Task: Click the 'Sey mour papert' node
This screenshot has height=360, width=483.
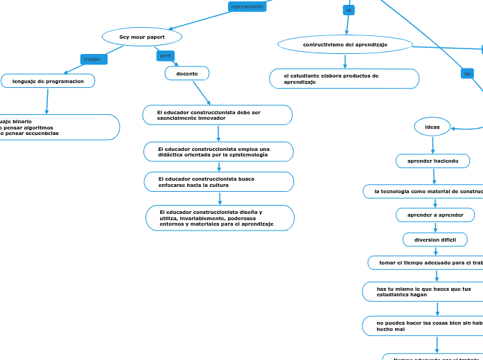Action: [x=142, y=37]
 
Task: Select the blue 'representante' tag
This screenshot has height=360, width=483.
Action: [x=247, y=6]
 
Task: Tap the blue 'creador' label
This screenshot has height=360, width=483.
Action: [x=93, y=60]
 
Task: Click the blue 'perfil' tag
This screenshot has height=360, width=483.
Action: [x=166, y=55]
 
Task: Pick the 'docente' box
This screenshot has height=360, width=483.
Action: [x=187, y=73]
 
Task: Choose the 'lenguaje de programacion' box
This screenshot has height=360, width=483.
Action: [x=48, y=81]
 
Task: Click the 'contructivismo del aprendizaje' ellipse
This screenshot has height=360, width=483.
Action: [x=345, y=44]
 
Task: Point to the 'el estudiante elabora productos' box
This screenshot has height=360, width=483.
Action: [x=344, y=79]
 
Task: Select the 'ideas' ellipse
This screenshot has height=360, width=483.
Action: [x=432, y=127]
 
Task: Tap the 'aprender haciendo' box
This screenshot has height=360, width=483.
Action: [x=432, y=161]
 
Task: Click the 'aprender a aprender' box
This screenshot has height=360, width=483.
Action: [x=435, y=215]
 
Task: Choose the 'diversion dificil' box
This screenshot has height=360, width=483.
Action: [x=435, y=240]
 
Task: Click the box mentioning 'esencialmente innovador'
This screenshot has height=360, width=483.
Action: [x=218, y=115]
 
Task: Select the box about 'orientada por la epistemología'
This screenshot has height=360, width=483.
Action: [x=218, y=152]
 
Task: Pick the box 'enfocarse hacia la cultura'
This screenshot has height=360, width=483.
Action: [x=219, y=182]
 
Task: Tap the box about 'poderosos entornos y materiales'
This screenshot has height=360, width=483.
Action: [x=220, y=218]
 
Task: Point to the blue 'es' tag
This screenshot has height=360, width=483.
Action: [x=349, y=10]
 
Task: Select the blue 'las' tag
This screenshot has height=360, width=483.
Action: [x=468, y=73]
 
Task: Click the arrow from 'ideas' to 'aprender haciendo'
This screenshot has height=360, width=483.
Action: [x=433, y=145]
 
